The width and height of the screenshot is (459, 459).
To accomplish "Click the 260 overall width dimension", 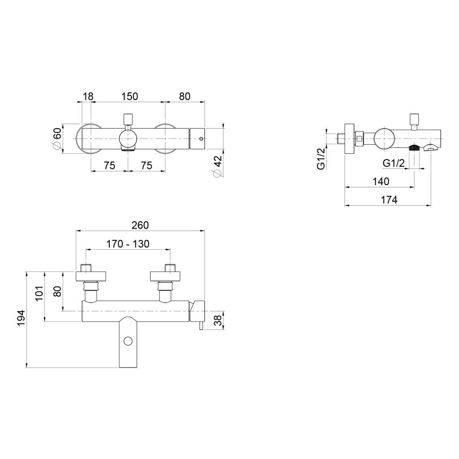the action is point(140,225).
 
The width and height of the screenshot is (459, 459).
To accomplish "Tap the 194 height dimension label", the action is point(21,318).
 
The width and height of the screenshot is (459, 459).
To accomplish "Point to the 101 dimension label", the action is point(39,293).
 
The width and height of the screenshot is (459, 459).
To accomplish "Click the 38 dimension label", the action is point(218,320).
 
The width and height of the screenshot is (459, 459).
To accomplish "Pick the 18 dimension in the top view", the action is point(88,96).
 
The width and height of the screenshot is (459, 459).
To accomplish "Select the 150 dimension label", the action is point(130,96).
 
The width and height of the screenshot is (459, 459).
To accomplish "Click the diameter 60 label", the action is point(57,139).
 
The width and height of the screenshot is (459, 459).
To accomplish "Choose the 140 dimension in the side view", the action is point(381,182).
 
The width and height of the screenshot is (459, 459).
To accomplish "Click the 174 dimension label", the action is point(389,200).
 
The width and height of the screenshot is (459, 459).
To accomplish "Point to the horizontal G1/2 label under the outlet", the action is point(394,163).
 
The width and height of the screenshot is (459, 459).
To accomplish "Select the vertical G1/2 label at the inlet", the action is point(321,159).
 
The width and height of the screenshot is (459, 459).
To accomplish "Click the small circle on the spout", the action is point(128,341).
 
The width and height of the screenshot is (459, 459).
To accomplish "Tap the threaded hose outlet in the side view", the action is point(414,148).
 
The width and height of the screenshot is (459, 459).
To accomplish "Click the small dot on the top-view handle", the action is point(201,139).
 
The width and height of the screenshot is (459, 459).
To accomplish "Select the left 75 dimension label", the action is point(109,166).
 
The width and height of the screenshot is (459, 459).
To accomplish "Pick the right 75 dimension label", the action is point(147,166).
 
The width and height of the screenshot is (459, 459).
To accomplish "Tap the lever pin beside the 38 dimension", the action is point(201,325).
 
